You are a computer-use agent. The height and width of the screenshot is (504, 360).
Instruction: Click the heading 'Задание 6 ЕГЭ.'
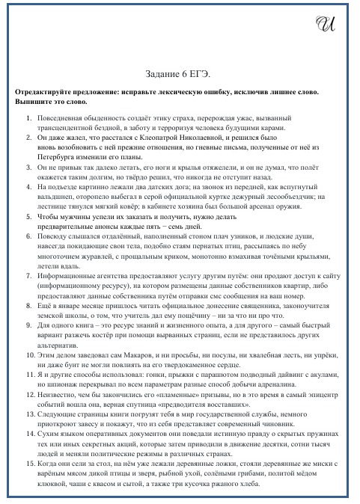pos(180,76)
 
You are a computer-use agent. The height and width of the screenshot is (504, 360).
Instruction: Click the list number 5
pos(27,238)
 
